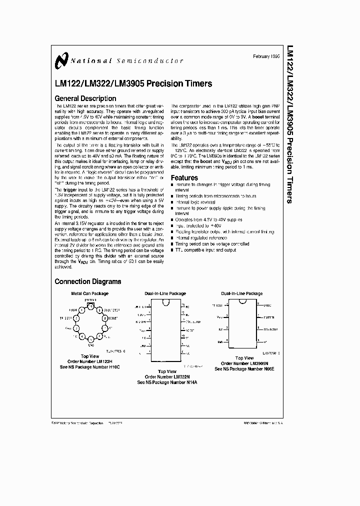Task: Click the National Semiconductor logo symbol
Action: tap(61, 60)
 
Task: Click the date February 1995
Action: tap(267, 56)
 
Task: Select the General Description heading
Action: tap(85, 98)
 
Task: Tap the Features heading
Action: tap(184, 177)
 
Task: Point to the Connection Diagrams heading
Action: tap(88, 281)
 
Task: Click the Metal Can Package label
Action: tap(89, 293)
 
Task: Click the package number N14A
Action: tap(188, 382)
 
